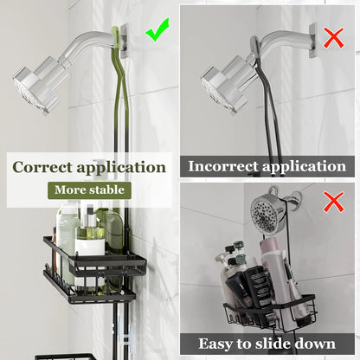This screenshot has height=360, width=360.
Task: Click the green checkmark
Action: point(157,32)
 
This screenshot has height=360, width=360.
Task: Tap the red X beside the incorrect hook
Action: point(331,37)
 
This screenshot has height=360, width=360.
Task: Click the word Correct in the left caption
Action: point(44,167)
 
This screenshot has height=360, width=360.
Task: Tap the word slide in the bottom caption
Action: point(281,344)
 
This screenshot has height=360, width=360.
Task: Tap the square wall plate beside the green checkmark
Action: point(127,40)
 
